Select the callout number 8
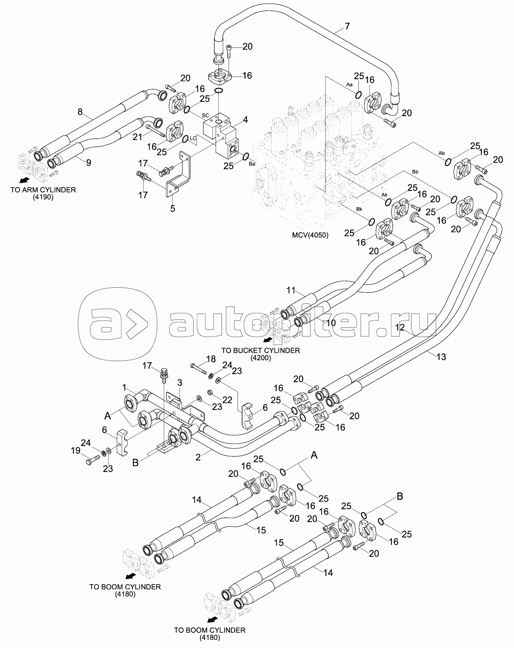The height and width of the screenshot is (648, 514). [81, 112]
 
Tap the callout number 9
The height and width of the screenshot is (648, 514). [88, 163]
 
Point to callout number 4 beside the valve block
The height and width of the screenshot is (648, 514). [245, 119]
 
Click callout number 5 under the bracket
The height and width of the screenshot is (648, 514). [172, 208]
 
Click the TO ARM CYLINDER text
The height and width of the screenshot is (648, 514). [43, 190]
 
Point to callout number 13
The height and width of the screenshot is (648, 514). [441, 357]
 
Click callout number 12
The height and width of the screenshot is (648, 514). [399, 328]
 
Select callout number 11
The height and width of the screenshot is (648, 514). [291, 290]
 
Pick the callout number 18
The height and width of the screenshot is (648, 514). [210, 359]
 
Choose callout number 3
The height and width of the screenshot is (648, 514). [179, 383]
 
